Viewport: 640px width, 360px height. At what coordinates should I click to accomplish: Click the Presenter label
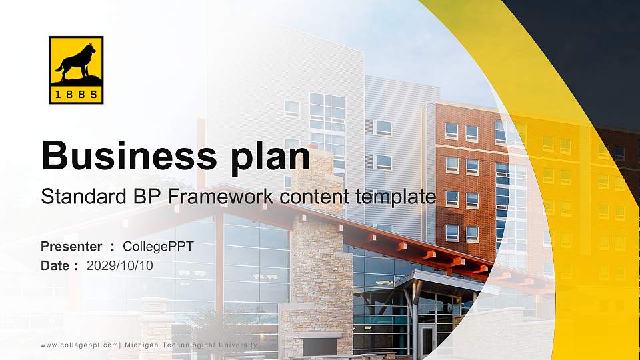click(x=71, y=247)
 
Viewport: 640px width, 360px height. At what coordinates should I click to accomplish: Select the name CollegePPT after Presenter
click(x=158, y=247)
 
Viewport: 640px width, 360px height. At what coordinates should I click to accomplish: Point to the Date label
click(x=55, y=265)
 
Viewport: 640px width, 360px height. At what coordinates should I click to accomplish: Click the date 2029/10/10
click(x=120, y=265)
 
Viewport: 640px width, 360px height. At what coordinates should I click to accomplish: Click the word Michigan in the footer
click(x=143, y=345)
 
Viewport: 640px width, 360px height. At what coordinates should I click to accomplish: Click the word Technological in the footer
click(x=188, y=345)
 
